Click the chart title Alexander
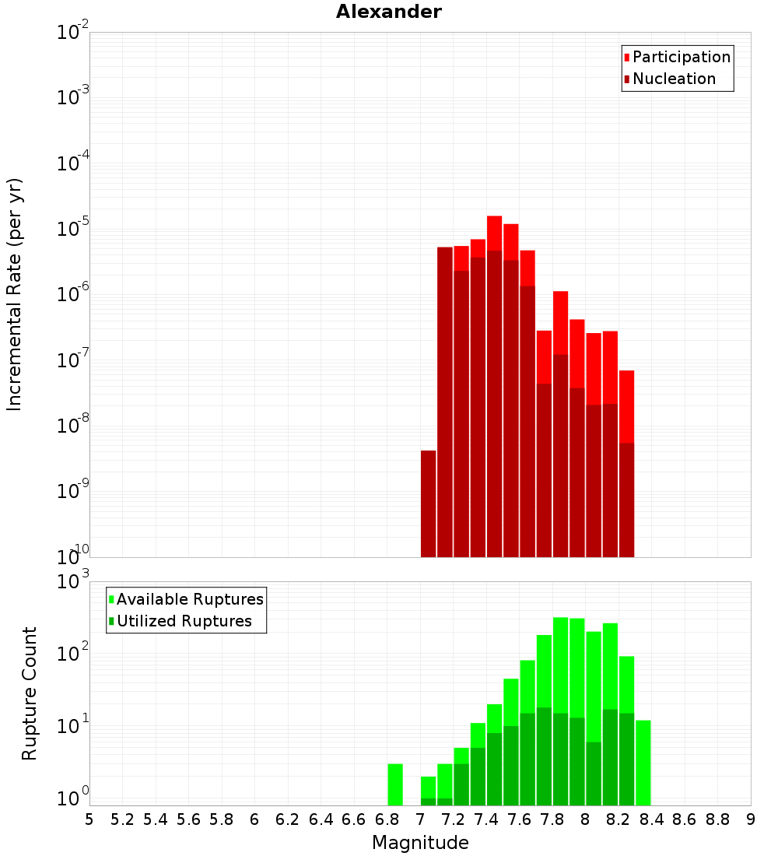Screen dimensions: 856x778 coord(388,12)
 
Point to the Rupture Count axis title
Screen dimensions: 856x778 coord(30,693)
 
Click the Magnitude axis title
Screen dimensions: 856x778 coord(420,843)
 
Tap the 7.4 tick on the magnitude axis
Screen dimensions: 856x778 coord(486,819)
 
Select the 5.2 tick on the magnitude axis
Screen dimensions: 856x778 coord(122,819)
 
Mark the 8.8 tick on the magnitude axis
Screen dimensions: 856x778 coord(717,819)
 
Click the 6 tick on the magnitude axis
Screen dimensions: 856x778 coord(254,819)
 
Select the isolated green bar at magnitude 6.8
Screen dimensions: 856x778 coord(395,784)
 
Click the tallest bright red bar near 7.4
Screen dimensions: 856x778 coord(494,233)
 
